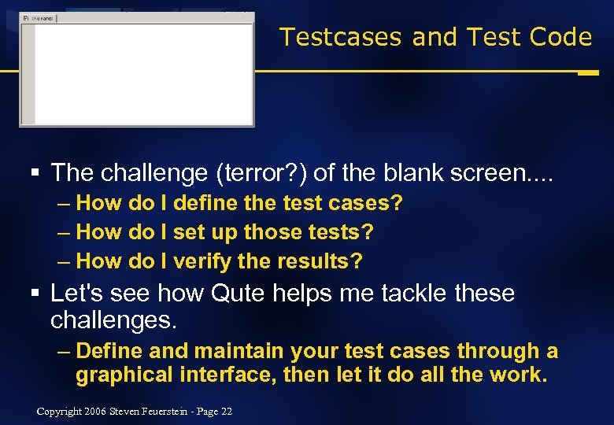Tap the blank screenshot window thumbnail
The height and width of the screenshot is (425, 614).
[x=137, y=71]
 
